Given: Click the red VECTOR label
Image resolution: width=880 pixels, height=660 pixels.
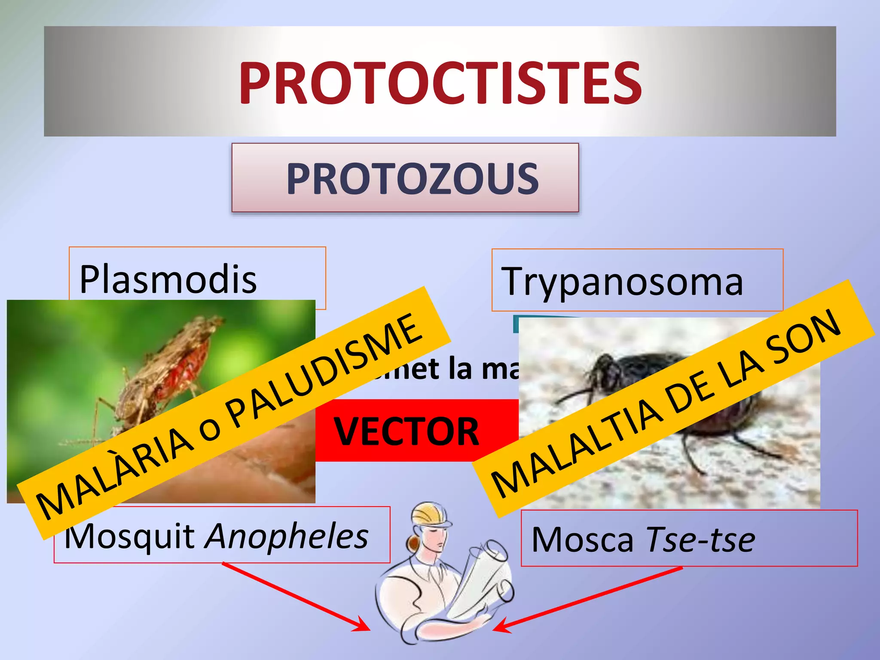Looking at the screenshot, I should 406,431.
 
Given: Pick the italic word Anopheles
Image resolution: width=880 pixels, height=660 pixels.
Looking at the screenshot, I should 287,536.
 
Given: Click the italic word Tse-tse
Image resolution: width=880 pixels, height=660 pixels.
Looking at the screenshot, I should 700,539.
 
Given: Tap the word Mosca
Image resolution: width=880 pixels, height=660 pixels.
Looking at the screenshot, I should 582,540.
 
